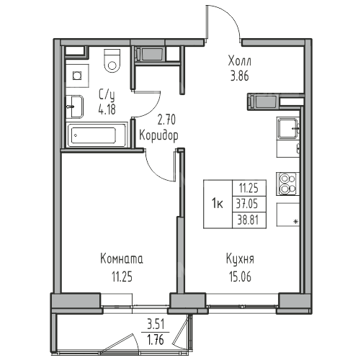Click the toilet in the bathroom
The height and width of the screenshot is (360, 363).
(112, 61)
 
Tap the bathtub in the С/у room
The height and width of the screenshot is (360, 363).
(97, 135)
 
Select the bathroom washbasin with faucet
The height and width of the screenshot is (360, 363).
(75, 107)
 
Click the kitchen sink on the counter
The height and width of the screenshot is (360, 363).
(288, 129)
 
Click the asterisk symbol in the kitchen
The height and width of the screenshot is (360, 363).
(296, 222)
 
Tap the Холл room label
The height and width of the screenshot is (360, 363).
(240, 61)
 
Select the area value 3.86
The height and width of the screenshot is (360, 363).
(240, 76)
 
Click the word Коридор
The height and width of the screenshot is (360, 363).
(158, 136)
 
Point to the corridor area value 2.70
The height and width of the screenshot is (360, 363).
(166, 120)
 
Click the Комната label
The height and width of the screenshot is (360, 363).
(122, 259)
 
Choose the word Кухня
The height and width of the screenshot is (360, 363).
(240, 259)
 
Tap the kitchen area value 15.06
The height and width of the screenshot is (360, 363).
(240, 276)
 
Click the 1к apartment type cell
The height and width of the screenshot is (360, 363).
(218, 204)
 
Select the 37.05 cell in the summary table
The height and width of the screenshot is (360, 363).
(249, 204)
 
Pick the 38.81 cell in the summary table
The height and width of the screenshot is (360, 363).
(249, 220)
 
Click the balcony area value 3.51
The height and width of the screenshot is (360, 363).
(156, 325)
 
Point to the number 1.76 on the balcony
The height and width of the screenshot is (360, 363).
(156, 340)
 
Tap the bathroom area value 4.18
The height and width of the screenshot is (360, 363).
(107, 109)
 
